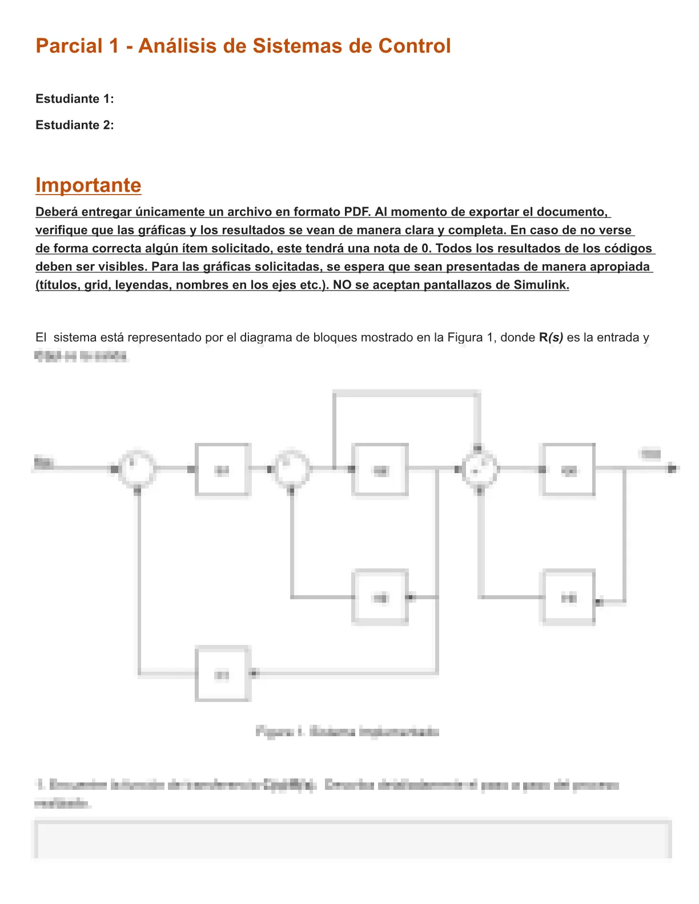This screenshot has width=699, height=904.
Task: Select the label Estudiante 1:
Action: click(75, 99)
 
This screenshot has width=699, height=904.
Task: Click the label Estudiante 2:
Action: click(75, 125)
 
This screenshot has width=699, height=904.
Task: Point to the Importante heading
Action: click(88, 185)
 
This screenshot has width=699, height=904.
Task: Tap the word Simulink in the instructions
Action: click(541, 285)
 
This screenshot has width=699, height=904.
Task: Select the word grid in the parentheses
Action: click(97, 285)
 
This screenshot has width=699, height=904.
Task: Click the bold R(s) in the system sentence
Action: click(551, 337)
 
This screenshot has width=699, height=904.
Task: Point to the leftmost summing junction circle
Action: click(137, 469)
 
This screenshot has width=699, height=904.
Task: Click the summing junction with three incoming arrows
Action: click(480, 470)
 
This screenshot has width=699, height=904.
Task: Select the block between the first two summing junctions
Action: click(223, 470)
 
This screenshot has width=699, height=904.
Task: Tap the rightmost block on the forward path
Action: click(569, 470)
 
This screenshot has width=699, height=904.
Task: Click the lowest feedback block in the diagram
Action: click(223, 674)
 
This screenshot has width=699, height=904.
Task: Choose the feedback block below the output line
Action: click(569, 598)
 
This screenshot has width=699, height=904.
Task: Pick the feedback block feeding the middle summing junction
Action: click(380, 598)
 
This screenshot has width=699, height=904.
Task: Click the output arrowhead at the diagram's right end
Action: click(673, 469)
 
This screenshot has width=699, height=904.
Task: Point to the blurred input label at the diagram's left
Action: click(43, 462)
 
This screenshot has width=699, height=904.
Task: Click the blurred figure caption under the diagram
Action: click(347, 732)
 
